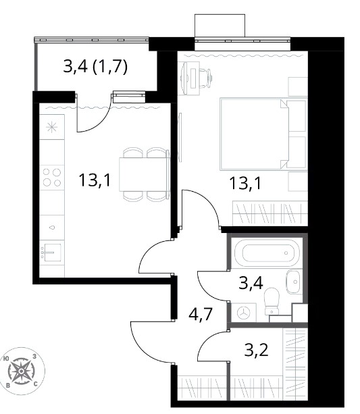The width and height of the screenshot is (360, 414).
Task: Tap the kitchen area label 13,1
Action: click(94, 181)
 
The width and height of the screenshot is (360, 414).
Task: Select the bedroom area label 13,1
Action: click(245, 183)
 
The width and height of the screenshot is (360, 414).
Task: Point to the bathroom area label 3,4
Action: click(251, 283)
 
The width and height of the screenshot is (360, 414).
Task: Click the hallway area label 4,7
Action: click(201, 313)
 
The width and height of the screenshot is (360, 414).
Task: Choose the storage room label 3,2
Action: click(256, 350)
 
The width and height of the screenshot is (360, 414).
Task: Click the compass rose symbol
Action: click(22, 371)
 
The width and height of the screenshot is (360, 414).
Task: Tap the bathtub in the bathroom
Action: click(267, 253)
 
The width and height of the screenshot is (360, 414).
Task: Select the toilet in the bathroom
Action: click(272, 301)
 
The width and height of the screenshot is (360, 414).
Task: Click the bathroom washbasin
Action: click(294, 282)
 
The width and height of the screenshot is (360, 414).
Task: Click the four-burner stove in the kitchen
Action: click(52, 178)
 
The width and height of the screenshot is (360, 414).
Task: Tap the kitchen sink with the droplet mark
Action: click(52, 227)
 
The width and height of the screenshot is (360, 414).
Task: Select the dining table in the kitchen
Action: click(145, 174)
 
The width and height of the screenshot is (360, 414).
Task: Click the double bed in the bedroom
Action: click(263, 134)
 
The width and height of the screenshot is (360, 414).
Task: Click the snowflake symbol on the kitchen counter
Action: click(52, 128)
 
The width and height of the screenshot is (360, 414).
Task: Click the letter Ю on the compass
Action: click(6, 359)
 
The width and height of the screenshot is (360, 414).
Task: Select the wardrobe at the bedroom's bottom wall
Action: click(270, 213)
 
